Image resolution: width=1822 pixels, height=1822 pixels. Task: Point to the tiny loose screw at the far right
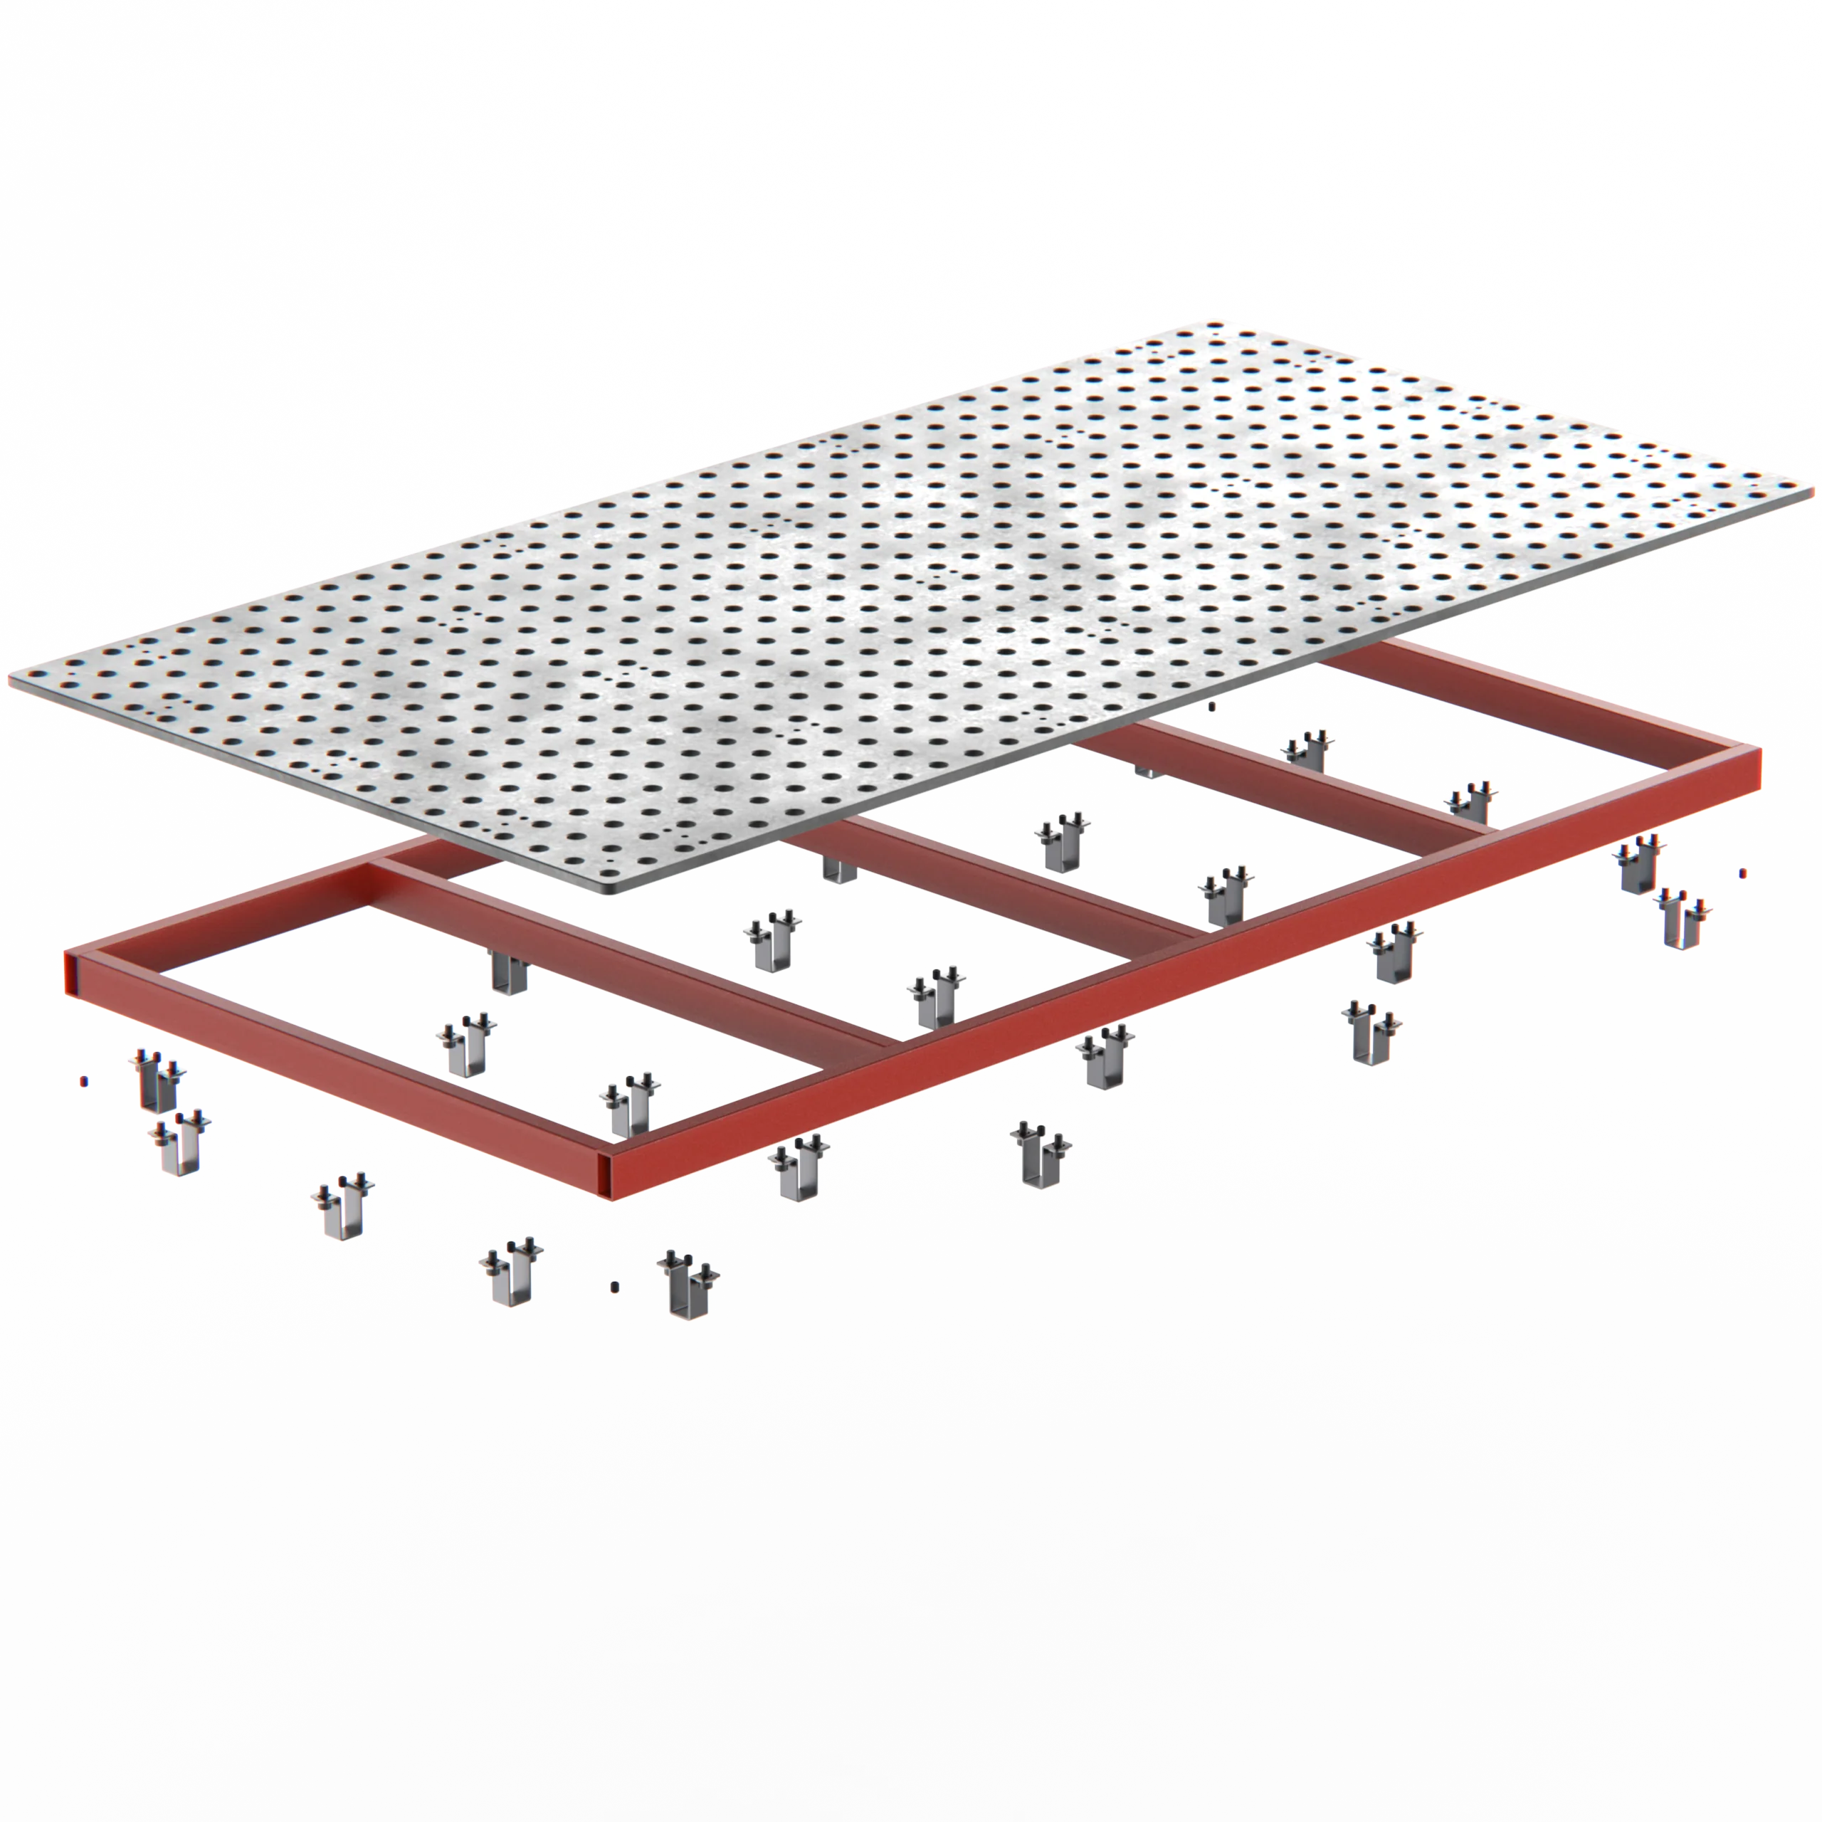click(1743, 873)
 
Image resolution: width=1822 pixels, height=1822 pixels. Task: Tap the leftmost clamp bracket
click(157, 1083)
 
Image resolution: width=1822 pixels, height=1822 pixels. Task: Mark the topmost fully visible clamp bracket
click(1306, 749)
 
